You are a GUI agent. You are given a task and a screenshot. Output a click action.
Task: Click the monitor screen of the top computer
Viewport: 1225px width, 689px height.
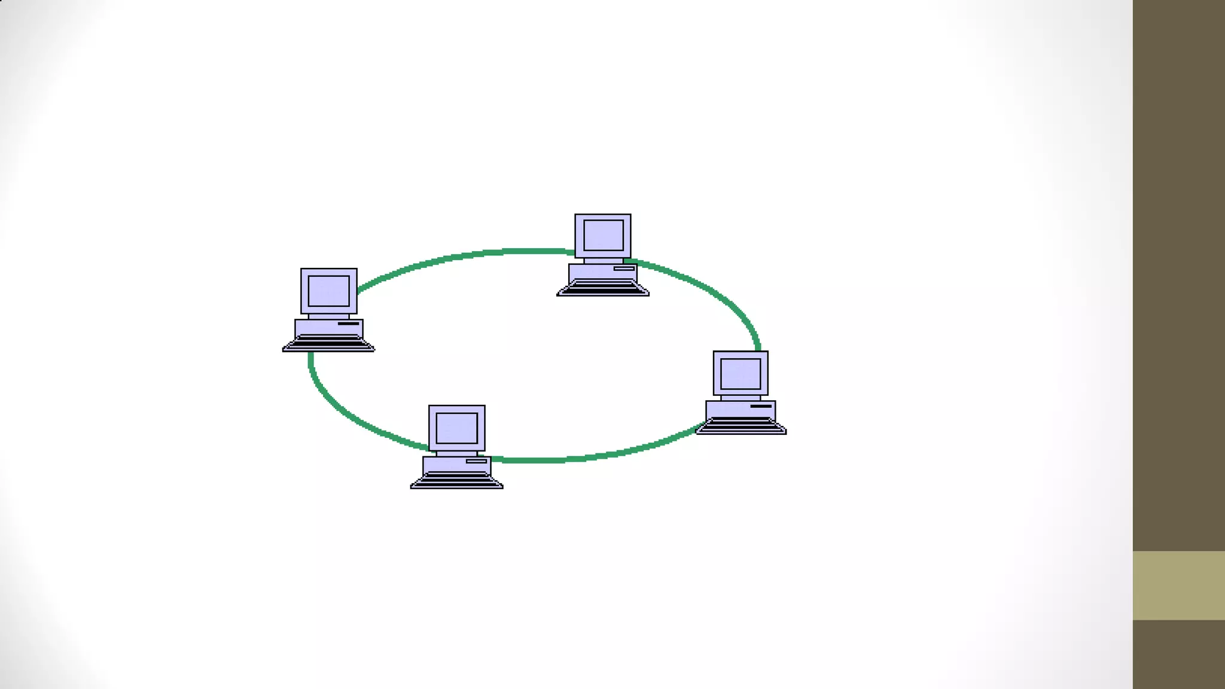[603, 235]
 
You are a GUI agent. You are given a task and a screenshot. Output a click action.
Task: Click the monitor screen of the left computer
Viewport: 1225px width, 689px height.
[328, 291]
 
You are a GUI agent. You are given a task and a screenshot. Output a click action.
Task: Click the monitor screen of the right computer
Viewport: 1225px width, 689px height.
[741, 374]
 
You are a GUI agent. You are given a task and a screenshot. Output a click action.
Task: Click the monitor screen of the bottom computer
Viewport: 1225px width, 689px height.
[456, 428]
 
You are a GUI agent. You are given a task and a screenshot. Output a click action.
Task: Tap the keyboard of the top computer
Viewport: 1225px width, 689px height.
[603, 288]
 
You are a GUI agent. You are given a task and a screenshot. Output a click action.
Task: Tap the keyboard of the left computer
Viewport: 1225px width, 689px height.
[328, 343]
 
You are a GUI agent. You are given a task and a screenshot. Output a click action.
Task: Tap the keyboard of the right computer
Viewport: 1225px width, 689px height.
[741, 425]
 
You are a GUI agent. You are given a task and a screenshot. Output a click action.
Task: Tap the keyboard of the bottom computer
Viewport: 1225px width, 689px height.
[456, 480]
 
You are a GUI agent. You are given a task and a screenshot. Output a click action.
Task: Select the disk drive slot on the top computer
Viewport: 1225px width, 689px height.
[624, 269]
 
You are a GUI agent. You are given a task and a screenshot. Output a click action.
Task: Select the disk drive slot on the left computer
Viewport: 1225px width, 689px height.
[349, 324]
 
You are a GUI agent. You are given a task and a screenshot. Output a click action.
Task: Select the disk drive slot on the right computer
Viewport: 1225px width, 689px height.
[761, 406]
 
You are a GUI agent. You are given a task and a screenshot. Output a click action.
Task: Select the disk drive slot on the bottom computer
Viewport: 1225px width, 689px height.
[477, 461]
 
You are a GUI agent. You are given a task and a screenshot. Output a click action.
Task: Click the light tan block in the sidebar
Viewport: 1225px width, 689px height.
[1178, 585]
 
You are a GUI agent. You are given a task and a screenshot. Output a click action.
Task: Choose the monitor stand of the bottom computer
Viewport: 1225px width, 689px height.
[456, 454]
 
